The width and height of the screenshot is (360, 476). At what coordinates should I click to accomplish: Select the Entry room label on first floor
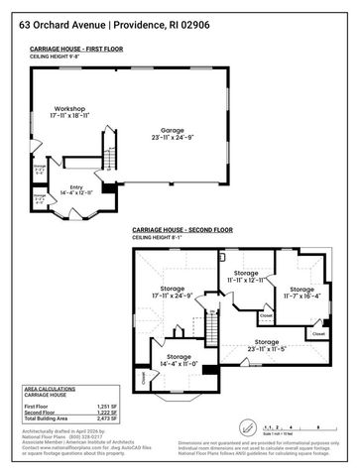[x=75, y=187]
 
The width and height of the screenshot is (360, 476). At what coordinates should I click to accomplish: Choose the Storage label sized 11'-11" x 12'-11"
[x=246, y=276]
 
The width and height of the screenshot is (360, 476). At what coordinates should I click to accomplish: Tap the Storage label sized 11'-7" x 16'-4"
[x=299, y=291]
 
